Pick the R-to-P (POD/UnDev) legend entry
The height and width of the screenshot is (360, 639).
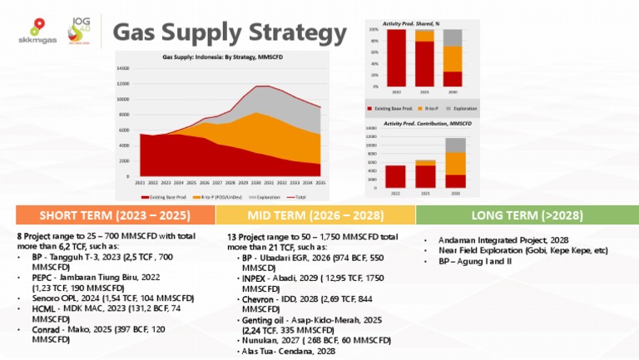(218, 197)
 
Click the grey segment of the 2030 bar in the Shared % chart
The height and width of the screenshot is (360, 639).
(453, 37)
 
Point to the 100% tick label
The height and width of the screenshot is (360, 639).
(374, 29)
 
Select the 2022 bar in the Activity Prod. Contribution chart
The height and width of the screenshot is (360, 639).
(395, 176)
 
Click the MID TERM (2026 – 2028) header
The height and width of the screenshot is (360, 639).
(315, 215)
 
